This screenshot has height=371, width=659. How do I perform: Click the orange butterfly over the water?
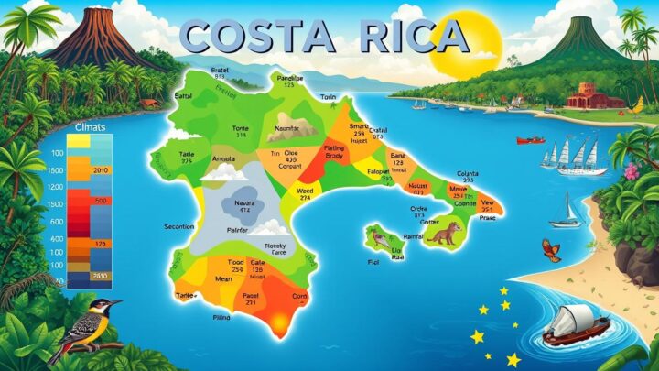pos(551,249)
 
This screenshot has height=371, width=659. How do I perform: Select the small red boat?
pos(530,140)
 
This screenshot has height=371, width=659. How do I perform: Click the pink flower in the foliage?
pos(630,171)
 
